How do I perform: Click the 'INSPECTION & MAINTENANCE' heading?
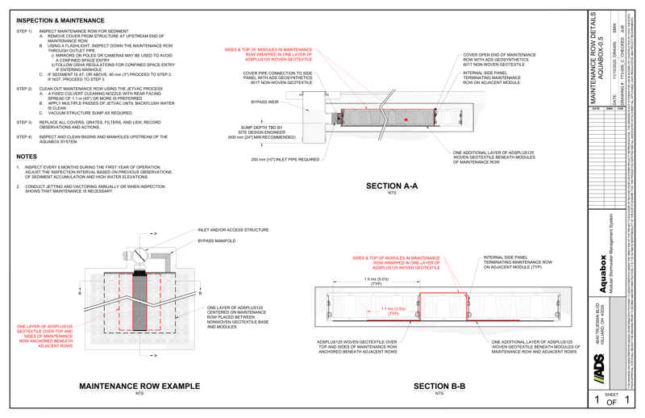[58, 17]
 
